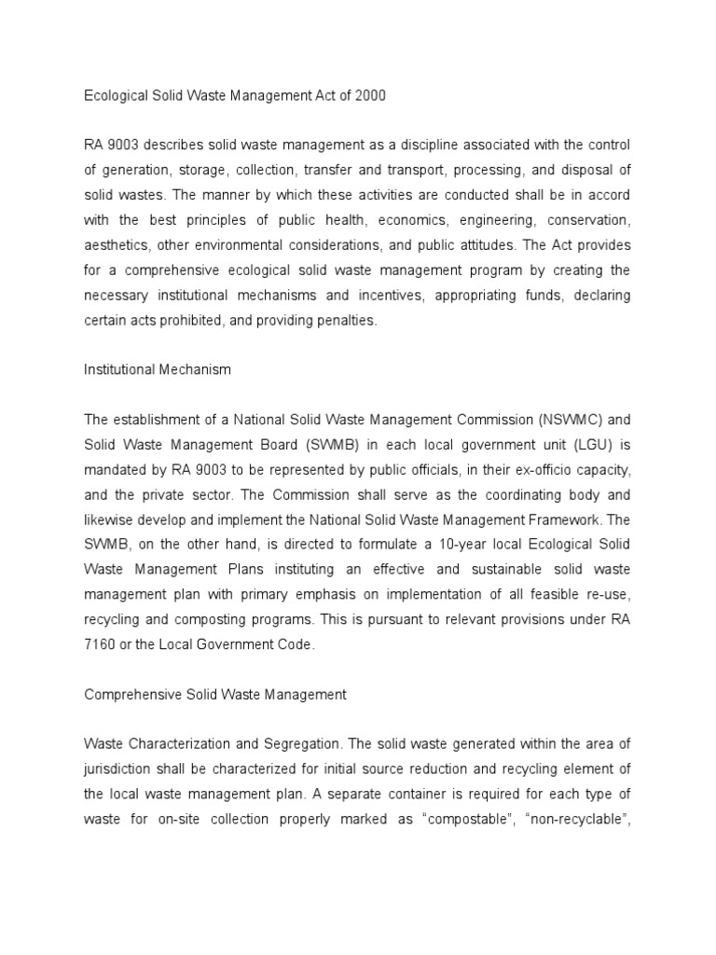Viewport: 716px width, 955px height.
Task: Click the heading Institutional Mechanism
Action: coord(158,369)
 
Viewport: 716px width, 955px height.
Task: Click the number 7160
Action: coord(100,644)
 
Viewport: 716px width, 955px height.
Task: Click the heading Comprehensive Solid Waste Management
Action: coord(215,694)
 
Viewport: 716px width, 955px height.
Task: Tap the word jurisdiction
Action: coord(118,769)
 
